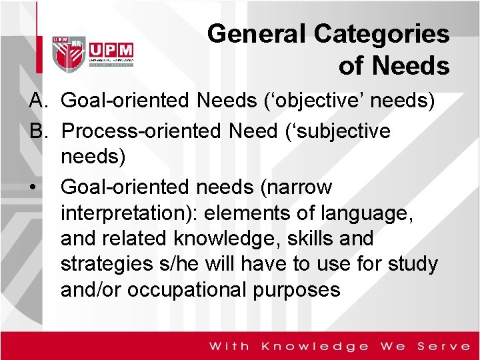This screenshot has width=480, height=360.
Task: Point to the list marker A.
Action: click(37, 101)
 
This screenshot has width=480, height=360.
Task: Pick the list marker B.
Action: click(37, 131)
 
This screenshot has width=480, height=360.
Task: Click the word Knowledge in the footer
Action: click(315, 346)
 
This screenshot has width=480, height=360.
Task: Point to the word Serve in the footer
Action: click(443, 346)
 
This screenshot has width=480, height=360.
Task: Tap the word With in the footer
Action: click(229, 346)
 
